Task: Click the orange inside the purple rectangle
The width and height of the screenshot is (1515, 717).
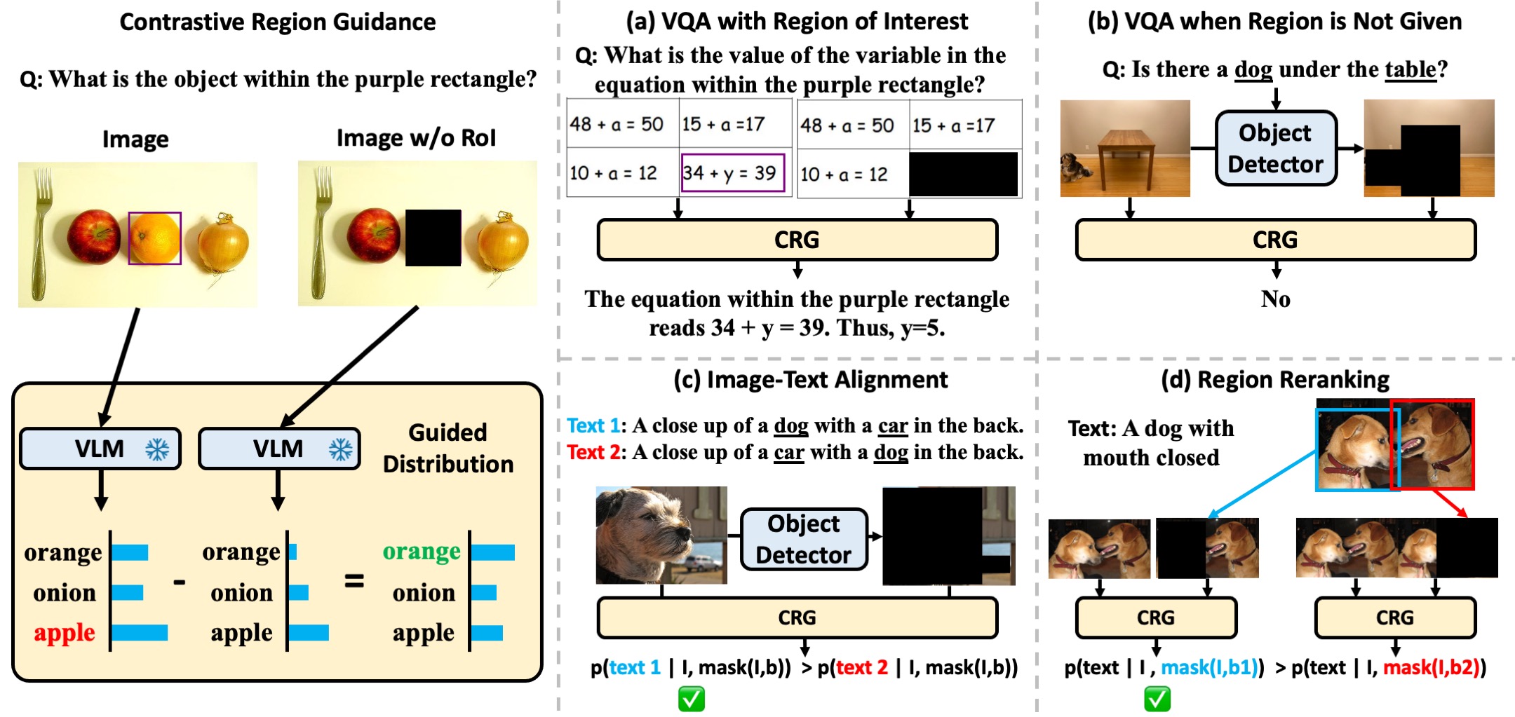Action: [154, 238]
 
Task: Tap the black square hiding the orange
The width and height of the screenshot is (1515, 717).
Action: [433, 238]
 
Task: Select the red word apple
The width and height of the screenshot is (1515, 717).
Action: [65, 633]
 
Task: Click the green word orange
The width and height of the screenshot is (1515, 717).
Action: [422, 552]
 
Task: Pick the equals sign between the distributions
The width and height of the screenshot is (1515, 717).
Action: [354, 581]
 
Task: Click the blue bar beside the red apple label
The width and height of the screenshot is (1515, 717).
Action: [140, 633]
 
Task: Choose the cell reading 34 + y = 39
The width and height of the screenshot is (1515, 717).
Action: [732, 172]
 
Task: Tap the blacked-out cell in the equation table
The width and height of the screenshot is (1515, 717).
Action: [963, 174]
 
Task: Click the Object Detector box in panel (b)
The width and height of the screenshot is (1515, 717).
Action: [1275, 148]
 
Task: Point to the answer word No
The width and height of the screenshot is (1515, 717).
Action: [1275, 299]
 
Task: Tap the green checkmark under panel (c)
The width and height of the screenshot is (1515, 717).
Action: [692, 699]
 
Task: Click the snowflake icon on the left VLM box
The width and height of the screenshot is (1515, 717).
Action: [157, 449]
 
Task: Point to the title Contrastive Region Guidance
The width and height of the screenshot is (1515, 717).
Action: [278, 22]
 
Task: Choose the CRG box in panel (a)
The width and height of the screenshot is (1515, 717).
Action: [797, 240]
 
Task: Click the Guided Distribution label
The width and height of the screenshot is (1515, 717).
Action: [448, 448]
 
